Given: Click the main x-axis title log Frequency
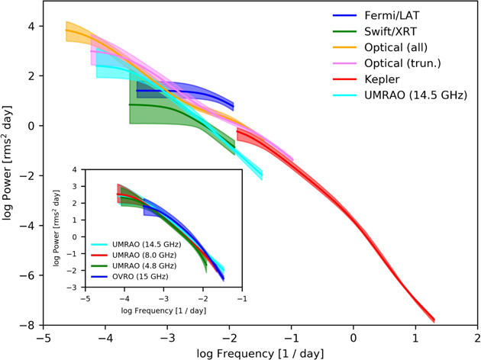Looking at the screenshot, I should [x=260, y=353].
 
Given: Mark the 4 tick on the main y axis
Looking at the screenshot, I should [x=32, y=26].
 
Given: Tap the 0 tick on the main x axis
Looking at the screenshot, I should [x=353, y=336].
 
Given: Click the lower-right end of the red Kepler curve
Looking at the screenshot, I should [x=434, y=320].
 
